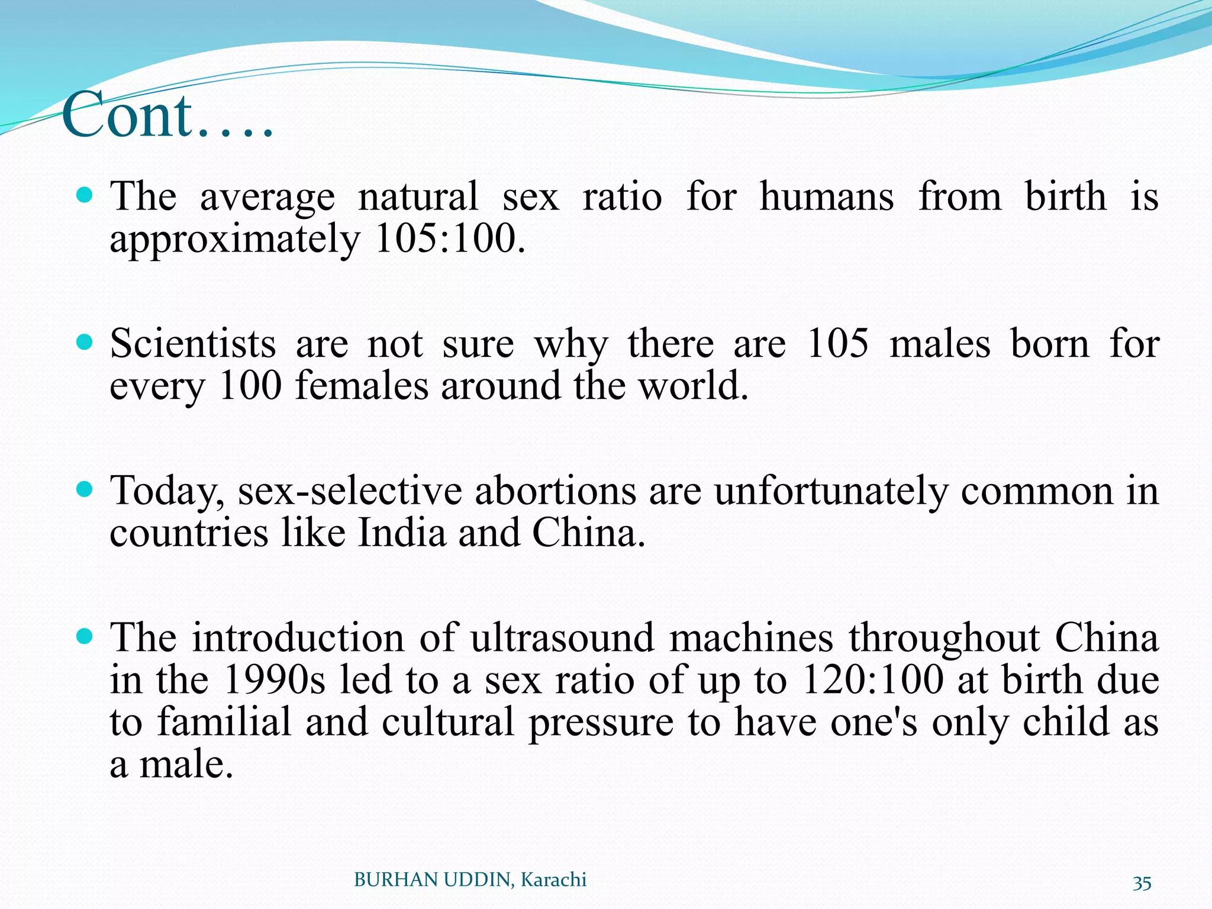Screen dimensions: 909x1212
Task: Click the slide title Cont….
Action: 167,115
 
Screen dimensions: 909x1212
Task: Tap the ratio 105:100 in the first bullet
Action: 450,239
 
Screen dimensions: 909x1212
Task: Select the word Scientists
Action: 193,344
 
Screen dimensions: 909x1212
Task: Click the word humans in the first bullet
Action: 827,197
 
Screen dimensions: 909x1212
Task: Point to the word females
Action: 361,386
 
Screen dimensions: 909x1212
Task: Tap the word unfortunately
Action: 831,491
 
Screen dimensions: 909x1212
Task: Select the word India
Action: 402,533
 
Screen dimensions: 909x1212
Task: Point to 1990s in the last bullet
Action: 275,680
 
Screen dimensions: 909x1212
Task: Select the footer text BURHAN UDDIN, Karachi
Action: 470,880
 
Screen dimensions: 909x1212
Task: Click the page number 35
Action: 1142,883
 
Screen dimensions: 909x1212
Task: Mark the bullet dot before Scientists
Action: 86,341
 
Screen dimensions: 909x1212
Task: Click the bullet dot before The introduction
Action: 86,636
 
